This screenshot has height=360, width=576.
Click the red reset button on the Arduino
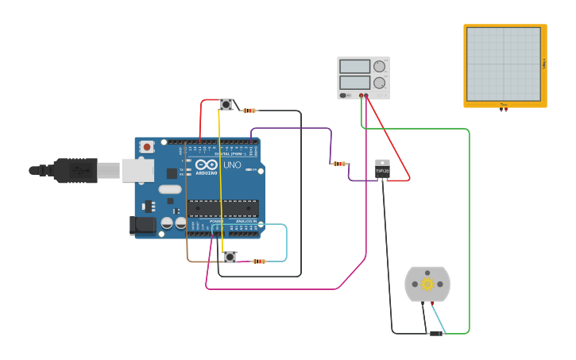coord(147,147)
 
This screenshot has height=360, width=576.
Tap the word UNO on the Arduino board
coord(233,165)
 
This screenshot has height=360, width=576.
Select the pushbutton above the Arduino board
coord(226,104)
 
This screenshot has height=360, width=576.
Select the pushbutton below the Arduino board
coord(230,257)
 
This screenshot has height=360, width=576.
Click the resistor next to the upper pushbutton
coord(249,110)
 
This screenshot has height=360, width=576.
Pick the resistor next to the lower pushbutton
coord(259,261)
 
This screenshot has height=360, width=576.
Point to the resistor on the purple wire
coord(339,164)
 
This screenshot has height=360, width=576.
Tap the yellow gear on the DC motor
coord(427,284)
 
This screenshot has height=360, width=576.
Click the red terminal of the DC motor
coord(432,303)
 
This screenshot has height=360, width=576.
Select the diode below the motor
coord(435,333)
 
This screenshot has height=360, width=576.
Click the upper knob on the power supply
coord(379,67)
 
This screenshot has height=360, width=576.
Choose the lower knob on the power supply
coord(379,83)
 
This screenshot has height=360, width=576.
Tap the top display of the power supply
coord(354,67)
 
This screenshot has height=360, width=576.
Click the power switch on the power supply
coord(344,95)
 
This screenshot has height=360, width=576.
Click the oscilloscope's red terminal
coord(506,110)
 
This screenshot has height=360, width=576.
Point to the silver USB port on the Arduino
coord(137,170)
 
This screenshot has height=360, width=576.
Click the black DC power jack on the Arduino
coord(143,225)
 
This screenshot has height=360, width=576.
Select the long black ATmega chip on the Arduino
coord(222,208)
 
